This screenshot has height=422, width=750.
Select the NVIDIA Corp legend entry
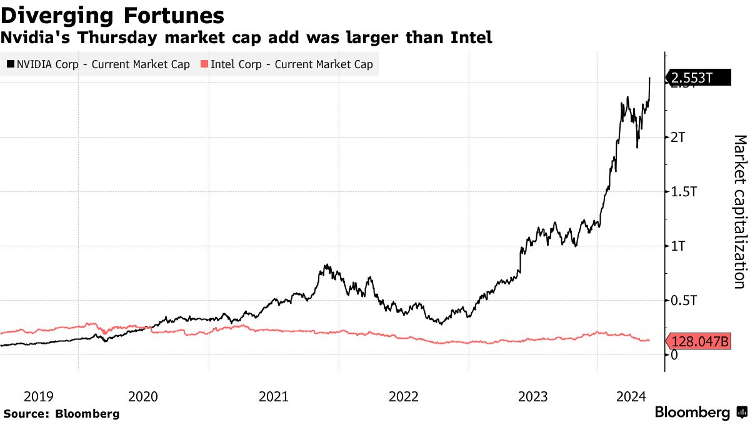coord(97,64)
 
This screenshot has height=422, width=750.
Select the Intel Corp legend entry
coord(287,64)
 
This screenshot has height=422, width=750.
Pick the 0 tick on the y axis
coord(674,355)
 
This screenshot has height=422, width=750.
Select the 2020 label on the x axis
coord(143,396)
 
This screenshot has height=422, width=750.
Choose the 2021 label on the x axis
coord(273,396)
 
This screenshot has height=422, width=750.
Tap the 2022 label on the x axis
coord(403,396)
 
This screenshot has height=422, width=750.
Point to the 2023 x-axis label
coord(533,396)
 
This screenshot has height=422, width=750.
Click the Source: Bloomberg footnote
coord(61,413)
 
